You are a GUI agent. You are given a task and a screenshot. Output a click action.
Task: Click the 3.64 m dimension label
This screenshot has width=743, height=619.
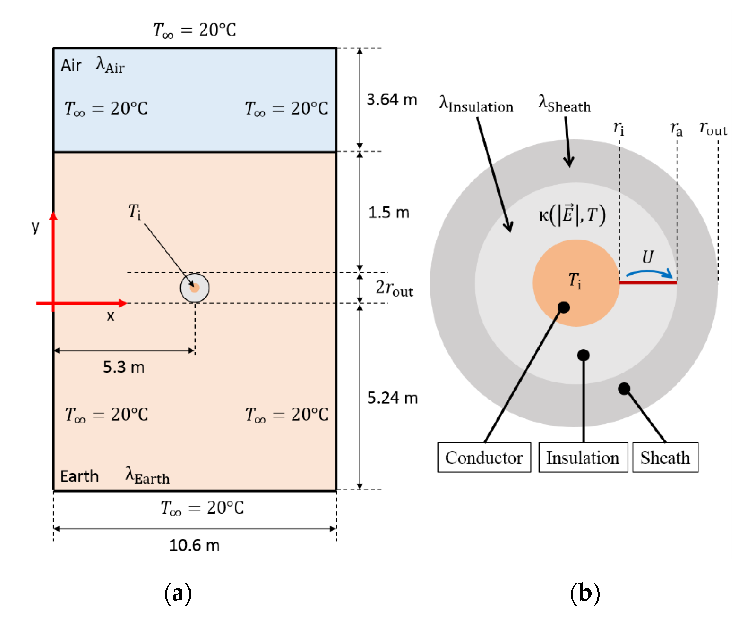[391, 100]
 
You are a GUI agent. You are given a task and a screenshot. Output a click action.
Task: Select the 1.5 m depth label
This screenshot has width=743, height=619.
[389, 213]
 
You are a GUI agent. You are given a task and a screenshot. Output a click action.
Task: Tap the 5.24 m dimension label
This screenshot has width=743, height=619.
[392, 398]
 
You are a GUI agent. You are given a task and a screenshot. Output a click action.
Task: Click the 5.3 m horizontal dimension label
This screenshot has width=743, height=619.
[124, 367]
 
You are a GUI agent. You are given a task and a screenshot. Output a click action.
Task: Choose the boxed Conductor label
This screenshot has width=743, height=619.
[484, 458]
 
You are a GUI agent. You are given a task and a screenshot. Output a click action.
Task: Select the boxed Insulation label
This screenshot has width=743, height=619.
[583, 458]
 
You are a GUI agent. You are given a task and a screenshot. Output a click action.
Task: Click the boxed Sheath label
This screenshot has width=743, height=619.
[665, 458]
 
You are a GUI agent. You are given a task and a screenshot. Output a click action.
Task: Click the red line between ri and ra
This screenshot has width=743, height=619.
[648, 283]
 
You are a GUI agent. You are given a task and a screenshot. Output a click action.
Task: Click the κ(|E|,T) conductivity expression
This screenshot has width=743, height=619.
[572, 215]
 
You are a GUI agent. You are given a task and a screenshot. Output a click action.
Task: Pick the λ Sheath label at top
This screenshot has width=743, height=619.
[564, 105]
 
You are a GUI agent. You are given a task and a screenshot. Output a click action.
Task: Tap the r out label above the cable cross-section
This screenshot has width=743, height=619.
[712, 129]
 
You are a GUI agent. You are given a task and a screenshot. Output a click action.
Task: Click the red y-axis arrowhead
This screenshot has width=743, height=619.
[54, 216]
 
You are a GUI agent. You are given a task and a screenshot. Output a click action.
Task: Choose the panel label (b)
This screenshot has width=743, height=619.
[584, 593]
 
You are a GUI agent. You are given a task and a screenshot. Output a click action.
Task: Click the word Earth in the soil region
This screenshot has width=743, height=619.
[79, 476]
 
